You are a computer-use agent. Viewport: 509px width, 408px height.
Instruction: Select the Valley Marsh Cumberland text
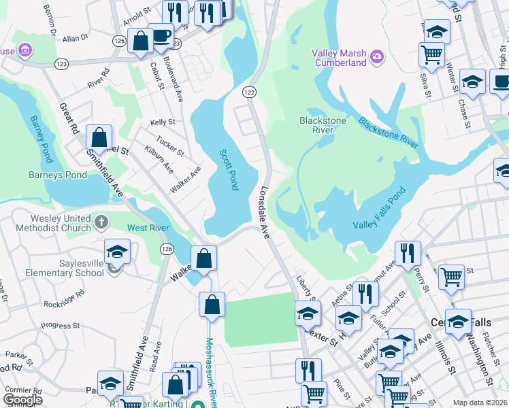click(339, 58)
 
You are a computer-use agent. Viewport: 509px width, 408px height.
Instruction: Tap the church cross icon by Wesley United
click(101, 222)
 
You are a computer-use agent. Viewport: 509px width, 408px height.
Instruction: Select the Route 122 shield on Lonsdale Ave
click(250, 92)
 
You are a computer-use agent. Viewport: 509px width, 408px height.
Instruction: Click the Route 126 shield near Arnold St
click(120, 41)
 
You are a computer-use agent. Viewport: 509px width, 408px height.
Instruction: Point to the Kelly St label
click(163, 122)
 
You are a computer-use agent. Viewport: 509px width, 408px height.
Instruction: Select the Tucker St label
click(170, 144)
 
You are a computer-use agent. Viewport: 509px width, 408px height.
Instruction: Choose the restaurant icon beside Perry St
click(408, 253)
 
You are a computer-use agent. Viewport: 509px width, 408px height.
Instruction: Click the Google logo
click(22, 400)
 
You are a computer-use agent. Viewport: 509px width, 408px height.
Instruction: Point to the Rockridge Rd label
click(62, 297)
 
